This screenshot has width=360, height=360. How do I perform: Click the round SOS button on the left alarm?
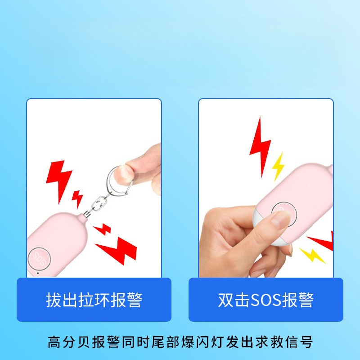[39, 258]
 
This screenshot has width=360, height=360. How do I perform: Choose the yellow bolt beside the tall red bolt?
[279, 166]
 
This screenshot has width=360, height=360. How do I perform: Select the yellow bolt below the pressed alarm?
[312, 255]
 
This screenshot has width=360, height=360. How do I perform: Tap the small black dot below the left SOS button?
[38, 273]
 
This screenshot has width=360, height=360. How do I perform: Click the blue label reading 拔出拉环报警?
[94, 300]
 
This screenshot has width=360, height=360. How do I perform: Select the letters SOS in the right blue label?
[266, 300]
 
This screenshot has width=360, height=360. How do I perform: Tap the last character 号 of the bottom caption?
[306, 342]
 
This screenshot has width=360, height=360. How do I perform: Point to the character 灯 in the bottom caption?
[216, 342]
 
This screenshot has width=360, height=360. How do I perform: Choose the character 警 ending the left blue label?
[135, 300]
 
